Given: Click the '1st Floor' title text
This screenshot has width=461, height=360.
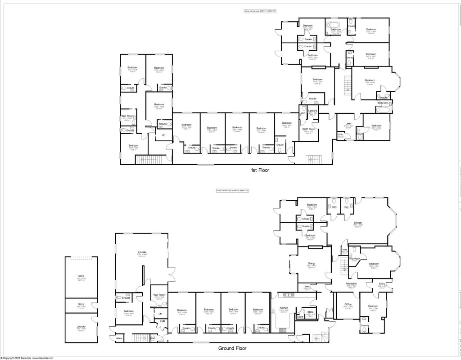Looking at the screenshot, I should pyautogui.click(x=260, y=171).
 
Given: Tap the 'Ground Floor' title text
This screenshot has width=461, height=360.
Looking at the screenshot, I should pyautogui.click(x=232, y=348).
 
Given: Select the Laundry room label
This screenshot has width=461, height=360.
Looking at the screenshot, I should pyautogui.click(x=81, y=326).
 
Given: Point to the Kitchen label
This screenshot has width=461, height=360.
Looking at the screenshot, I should pyautogui.click(x=284, y=308).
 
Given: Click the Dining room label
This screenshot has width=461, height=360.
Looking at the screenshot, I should pyautogui.click(x=311, y=263).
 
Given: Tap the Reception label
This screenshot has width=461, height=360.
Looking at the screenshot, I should pyautogui.click(x=352, y=283).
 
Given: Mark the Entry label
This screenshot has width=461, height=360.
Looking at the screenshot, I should pyautogui.click(x=382, y=283).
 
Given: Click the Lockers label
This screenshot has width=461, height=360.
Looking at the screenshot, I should pyautogui.click(x=313, y=111).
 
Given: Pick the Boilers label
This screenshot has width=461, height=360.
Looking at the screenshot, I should pyautogui.click(x=119, y=338).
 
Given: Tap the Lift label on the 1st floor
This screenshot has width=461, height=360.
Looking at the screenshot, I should pyautogui.click(x=163, y=134).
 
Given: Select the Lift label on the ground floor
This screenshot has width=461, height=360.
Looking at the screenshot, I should pyautogui.click(x=160, y=313).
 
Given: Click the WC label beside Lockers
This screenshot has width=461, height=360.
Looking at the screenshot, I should pyautogui.click(x=303, y=113).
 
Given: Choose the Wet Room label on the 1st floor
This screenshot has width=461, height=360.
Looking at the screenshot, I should pyautogui.click(x=127, y=116).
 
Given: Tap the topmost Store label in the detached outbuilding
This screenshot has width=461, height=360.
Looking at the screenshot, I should pyautogui.click(x=81, y=276).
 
